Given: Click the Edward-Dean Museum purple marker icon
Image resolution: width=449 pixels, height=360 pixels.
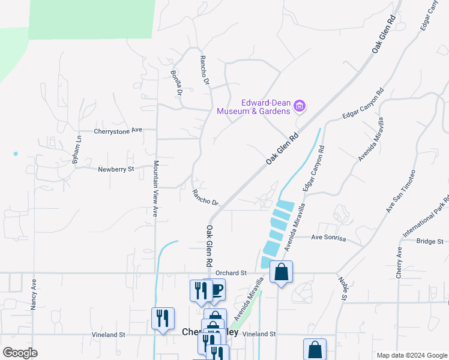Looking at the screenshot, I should pyautogui.click(x=301, y=107).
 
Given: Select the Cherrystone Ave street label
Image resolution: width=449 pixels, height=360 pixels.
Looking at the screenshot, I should pyautogui.click(x=118, y=130).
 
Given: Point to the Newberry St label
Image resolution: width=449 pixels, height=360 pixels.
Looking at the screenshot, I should pyautogui.click(x=116, y=170).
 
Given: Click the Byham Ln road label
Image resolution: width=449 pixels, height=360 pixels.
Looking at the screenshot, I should pyautogui.click(x=76, y=150).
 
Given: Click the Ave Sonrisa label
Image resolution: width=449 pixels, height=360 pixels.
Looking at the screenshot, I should pyautogui.click(x=329, y=238).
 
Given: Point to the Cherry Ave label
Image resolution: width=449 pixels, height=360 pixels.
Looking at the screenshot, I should pyautogui.click(x=399, y=262).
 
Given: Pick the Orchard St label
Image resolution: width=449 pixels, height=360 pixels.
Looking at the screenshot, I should pyautogui.click(x=234, y=272).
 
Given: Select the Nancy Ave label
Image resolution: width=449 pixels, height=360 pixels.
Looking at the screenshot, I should pyautogui.click(x=34, y=293).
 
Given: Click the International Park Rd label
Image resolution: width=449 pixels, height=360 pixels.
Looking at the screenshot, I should pyautogui.click(x=433, y=215).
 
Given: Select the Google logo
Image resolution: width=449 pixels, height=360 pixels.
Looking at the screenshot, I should pyautogui.click(x=20, y=353).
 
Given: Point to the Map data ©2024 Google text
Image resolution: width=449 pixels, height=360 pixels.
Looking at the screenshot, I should pyautogui.click(x=411, y=355).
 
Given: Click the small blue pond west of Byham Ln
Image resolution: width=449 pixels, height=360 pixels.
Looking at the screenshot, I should pyautogui.click(x=15, y=154).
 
